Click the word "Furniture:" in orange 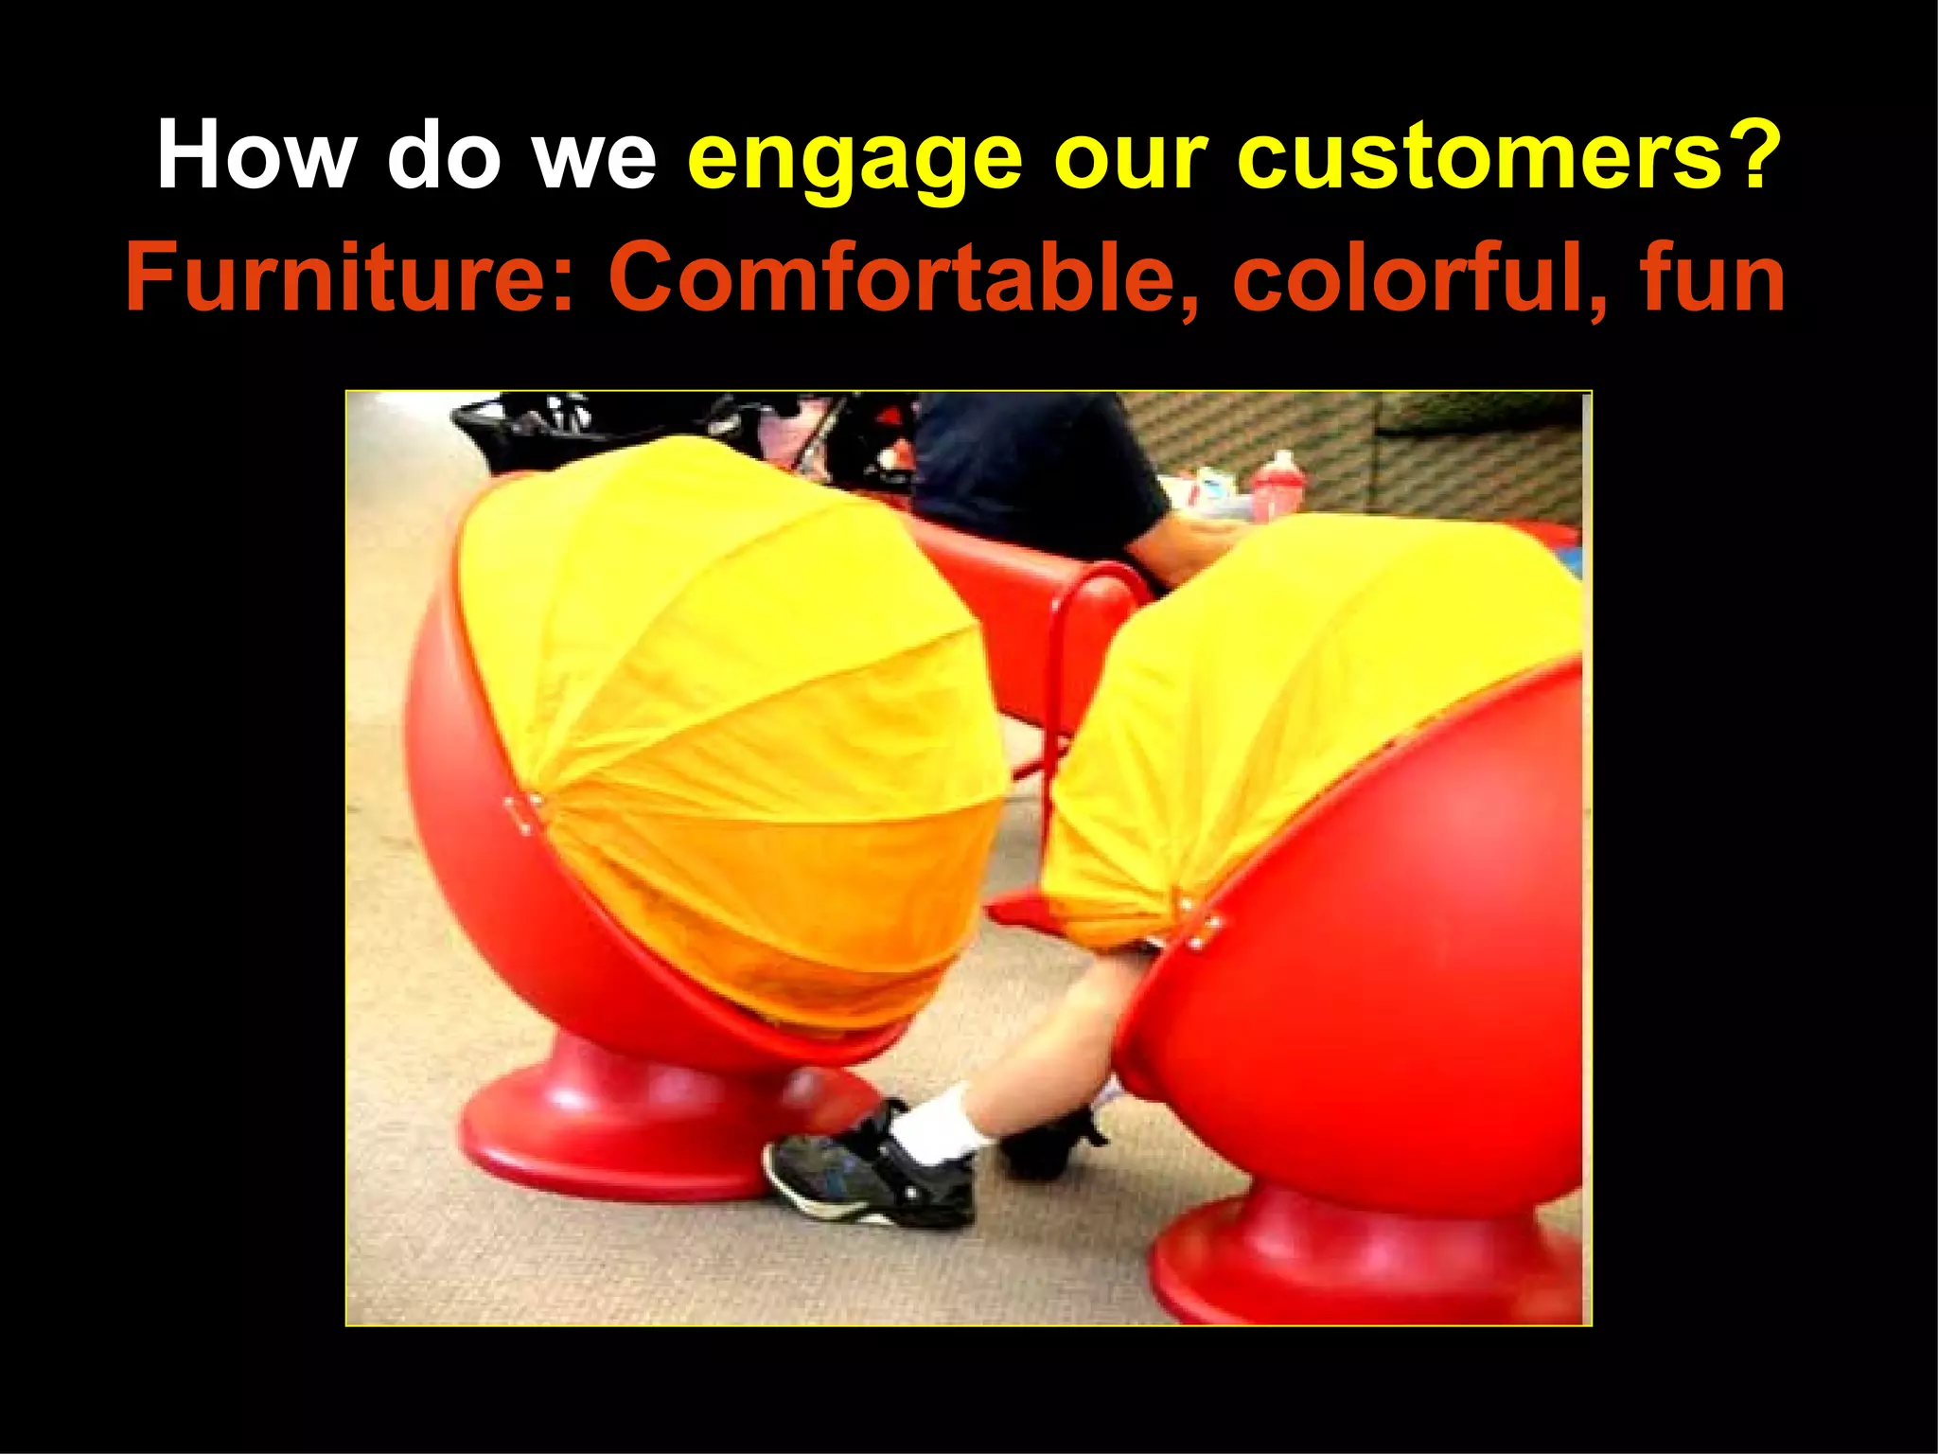point(350,277)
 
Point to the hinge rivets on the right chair point(1200,923)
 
